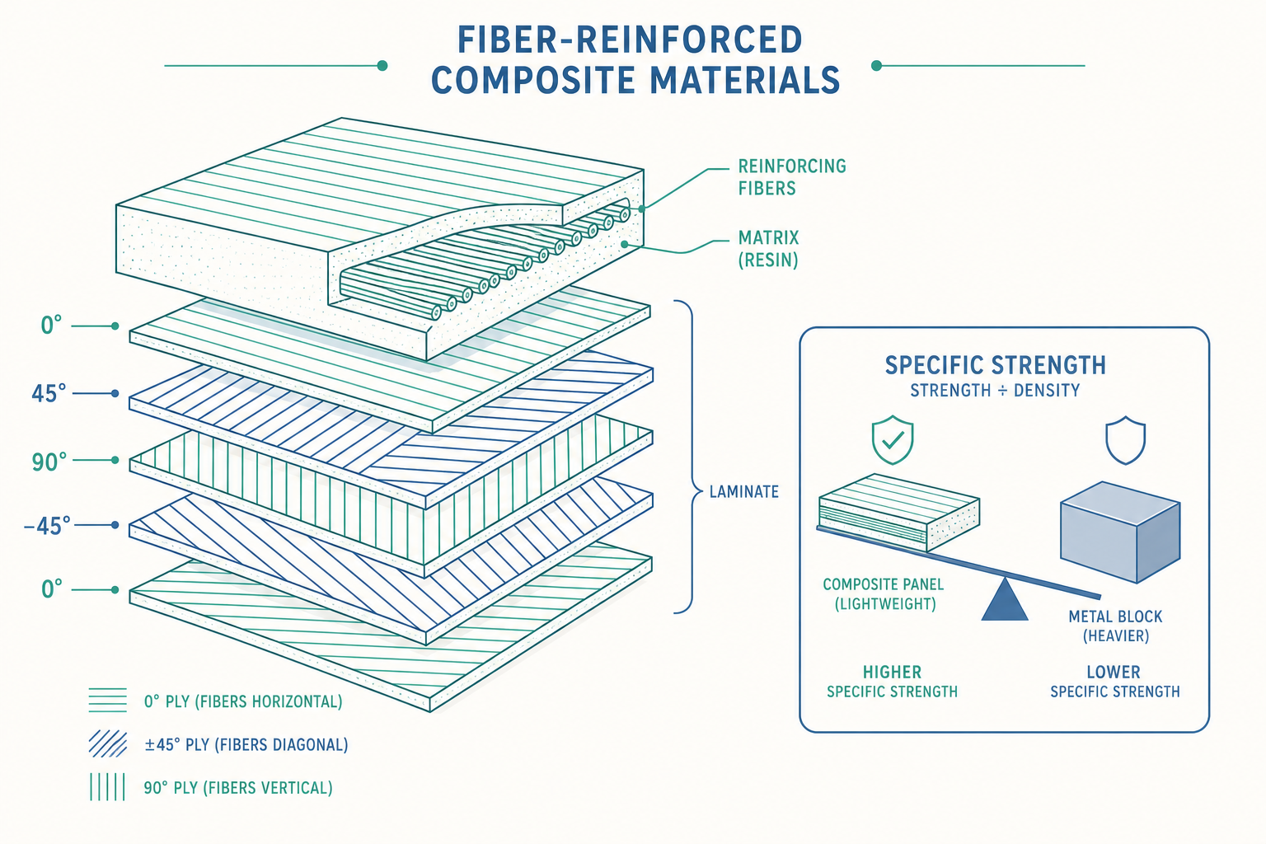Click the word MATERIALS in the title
745,80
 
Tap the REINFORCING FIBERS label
792,177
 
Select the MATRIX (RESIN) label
769,249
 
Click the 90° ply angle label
49,462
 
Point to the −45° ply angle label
48,526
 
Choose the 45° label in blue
49,393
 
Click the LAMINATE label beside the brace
743,492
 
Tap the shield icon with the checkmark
893,440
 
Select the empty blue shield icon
1125,441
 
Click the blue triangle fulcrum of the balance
1005,600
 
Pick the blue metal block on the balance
1120,532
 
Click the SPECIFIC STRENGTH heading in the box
996,365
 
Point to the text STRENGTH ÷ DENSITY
995,391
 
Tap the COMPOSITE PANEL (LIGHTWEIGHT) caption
884,594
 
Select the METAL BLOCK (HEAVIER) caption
1115,626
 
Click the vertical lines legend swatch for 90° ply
107,787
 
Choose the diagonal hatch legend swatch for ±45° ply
107,744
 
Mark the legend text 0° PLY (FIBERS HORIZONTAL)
243,702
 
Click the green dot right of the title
877,66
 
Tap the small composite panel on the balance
899,512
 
